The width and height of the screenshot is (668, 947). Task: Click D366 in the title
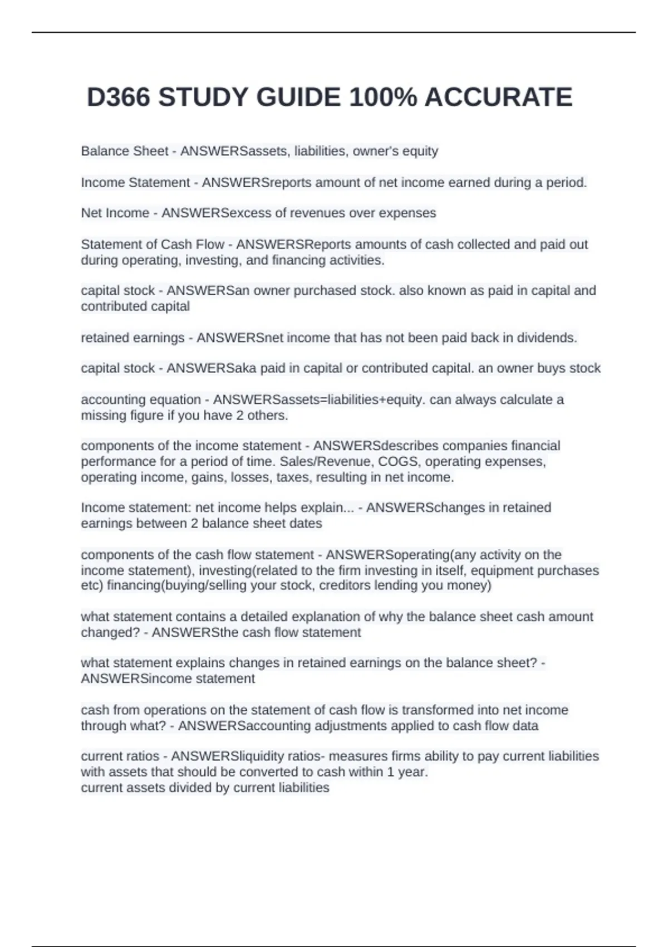coord(119,97)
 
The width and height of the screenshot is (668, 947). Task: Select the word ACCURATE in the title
coord(498,97)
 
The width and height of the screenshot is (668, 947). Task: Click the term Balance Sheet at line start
coord(124,151)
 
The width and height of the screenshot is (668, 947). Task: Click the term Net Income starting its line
coord(115,213)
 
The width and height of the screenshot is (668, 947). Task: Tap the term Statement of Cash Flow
coord(152,244)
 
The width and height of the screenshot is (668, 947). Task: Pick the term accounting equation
coord(140,399)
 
